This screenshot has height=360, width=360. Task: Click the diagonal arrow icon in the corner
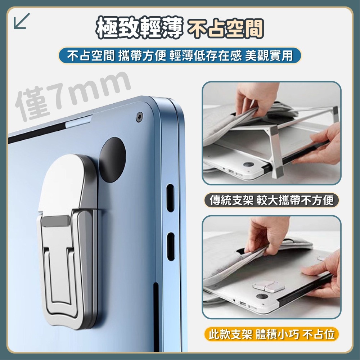coord(22,21)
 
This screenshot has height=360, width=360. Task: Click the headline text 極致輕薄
coord(139,27)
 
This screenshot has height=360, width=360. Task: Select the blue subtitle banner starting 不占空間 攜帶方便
coord(180,55)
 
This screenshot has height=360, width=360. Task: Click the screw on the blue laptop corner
coord(139,117)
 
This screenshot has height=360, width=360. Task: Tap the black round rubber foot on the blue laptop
coord(112,160)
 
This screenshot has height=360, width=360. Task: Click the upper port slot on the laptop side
coord(170,197)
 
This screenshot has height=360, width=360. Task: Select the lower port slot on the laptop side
coord(171,246)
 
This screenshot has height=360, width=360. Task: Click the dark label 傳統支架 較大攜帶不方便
coord(271,200)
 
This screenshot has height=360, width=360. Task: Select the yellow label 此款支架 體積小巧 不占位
coord(271,334)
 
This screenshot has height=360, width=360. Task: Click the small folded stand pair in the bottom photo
coord(269,286)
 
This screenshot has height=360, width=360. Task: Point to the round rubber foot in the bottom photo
coord(262,296)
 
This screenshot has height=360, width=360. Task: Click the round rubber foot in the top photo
coord(248,165)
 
